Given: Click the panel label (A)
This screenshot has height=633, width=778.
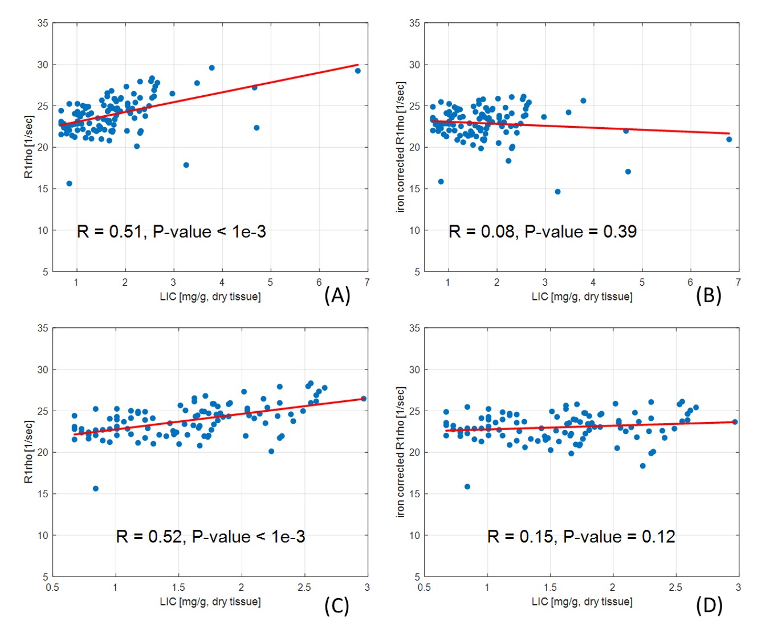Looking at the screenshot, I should tap(337, 295).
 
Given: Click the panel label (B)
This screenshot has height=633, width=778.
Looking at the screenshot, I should tap(708, 295).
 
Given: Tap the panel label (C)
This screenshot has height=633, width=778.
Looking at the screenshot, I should tap(337, 606).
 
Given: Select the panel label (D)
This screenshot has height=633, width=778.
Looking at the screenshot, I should tap(709, 606).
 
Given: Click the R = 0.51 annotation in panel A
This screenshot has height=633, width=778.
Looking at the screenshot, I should tap(171, 232).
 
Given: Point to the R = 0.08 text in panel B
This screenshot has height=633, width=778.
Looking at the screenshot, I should tap(543, 232).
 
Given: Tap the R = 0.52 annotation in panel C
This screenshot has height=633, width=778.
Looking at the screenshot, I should tap(210, 537).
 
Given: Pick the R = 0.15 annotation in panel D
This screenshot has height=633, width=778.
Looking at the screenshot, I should tap(581, 537).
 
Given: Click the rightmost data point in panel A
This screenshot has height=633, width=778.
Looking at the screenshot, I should tap(358, 71).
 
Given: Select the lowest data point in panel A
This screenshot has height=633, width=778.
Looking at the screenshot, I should tap(69, 184).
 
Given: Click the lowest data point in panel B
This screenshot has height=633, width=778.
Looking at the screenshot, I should tap(557, 192).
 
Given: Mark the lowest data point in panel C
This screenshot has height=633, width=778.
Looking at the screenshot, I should tap(96, 489).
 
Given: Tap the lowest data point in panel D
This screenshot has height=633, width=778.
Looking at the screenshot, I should tap(467, 487).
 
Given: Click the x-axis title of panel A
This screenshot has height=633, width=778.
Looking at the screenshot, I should tap(210, 297).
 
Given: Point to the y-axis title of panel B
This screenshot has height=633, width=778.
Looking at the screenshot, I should tap(400, 147).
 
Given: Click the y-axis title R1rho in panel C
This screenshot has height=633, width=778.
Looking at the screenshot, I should tap(28, 452).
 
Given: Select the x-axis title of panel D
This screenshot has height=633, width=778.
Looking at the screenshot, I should tap(582, 602).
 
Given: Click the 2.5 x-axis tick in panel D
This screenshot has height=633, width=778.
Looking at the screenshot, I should tap(675, 587).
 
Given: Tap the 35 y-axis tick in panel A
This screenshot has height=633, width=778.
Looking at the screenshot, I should tap(43, 23).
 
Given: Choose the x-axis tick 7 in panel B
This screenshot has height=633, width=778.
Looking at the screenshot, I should tap(738, 282).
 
